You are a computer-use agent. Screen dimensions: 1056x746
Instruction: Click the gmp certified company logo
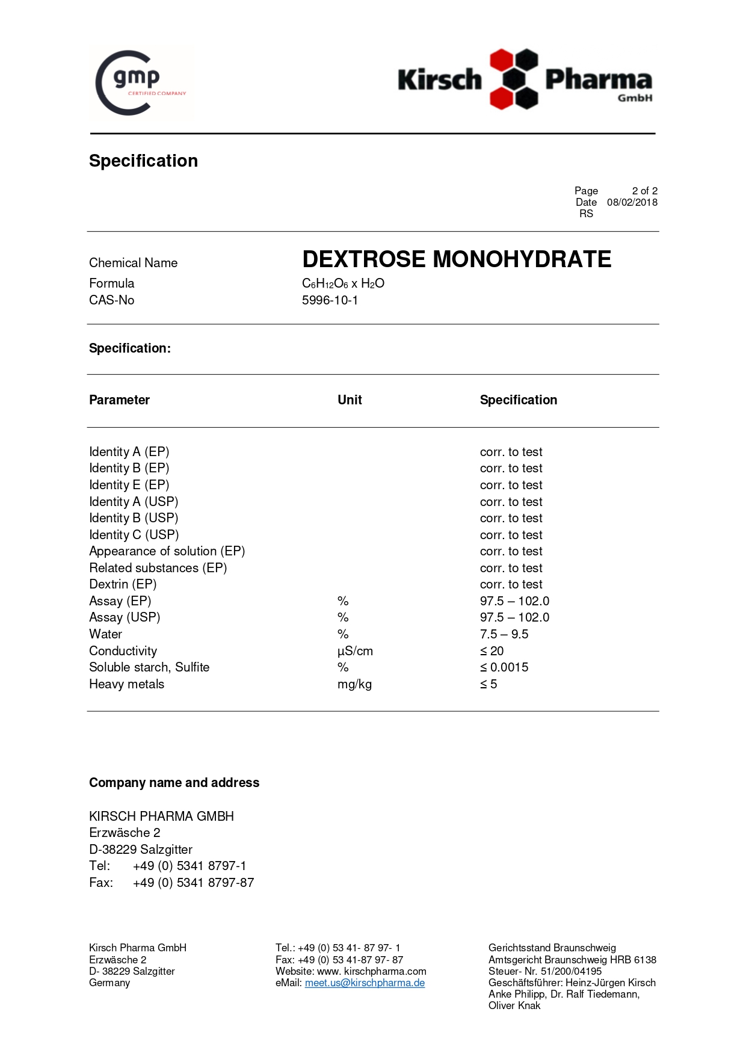(141, 82)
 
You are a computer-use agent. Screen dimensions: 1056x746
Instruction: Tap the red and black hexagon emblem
(513, 79)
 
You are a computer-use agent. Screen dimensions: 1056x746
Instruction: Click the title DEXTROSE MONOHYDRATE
(457, 259)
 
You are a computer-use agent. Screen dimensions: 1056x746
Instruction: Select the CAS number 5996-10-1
(330, 300)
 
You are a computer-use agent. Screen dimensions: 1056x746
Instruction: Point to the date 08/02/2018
(632, 202)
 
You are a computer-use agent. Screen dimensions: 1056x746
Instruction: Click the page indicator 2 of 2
(644, 191)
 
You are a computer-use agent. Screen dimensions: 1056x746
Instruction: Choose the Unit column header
(350, 400)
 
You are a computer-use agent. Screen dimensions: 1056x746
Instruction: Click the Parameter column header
(119, 400)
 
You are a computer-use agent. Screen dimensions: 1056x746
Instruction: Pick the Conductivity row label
(123, 651)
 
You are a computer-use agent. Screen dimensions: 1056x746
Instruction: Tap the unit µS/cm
(355, 651)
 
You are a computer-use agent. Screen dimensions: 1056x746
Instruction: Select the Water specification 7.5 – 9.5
(504, 634)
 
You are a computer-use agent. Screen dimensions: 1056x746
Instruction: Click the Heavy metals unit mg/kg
(354, 684)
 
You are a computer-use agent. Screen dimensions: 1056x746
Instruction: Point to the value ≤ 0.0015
(504, 667)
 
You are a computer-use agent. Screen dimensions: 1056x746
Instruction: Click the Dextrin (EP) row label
(123, 584)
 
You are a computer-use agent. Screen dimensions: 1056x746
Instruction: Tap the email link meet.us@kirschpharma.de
(365, 983)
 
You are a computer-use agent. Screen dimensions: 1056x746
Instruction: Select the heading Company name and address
(174, 783)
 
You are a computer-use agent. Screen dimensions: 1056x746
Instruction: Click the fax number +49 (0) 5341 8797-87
(193, 883)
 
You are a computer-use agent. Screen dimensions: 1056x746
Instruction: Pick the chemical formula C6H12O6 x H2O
(343, 283)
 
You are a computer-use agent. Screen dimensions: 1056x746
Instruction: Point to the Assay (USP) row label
(125, 617)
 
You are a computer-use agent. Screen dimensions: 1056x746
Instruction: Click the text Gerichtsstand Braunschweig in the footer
(552, 948)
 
